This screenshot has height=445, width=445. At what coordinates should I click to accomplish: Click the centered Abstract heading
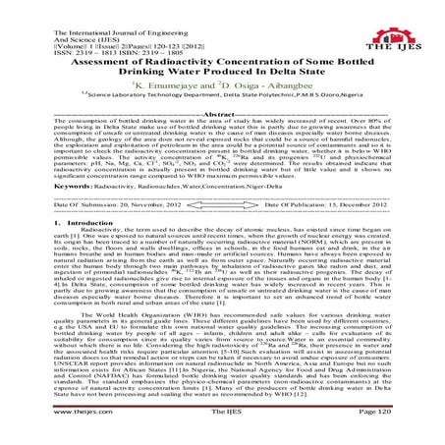click(x=222, y=114)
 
